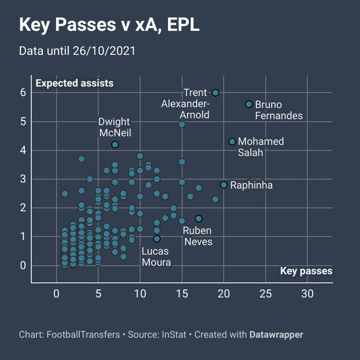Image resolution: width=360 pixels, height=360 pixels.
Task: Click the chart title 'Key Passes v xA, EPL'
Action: tap(109, 25)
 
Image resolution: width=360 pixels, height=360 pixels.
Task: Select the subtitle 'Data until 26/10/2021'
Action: tap(77, 50)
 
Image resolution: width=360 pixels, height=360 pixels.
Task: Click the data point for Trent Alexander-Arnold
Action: tap(216, 93)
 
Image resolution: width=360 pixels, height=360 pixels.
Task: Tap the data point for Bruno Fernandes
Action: tap(249, 104)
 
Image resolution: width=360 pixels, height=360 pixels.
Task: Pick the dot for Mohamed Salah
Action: tap(232, 142)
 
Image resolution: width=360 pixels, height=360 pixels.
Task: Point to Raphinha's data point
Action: tap(224, 185)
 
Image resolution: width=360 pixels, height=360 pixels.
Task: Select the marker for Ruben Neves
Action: tap(199, 218)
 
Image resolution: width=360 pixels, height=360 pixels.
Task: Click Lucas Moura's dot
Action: tap(156, 239)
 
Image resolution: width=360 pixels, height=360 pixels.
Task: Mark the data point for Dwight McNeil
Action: tap(115, 144)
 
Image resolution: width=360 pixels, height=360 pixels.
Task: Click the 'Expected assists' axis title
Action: tap(74, 83)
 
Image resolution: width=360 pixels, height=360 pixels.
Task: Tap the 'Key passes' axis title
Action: tap(306, 271)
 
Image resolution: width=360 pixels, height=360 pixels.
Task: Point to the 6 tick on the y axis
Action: tap(23, 93)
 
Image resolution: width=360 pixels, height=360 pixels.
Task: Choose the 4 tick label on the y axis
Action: tap(23, 150)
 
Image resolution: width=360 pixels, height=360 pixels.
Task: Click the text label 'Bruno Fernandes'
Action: tap(278, 110)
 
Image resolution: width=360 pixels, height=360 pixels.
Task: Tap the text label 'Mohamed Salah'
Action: tap(261, 147)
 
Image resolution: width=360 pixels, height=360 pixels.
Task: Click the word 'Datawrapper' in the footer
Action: tap(276, 334)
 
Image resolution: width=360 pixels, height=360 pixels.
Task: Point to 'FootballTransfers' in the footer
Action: tap(83, 334)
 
